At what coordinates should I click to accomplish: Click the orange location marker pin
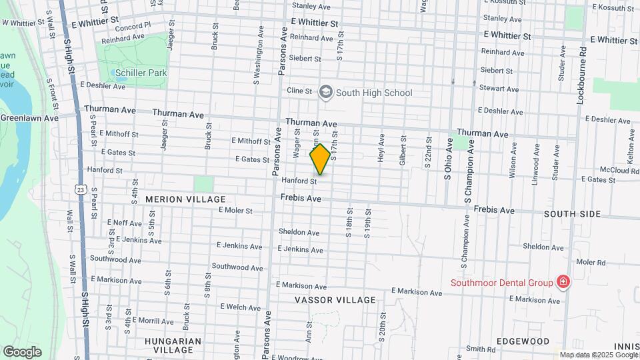click(320, 159)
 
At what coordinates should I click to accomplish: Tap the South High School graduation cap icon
click(326, 92)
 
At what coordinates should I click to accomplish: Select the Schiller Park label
click(141, 73)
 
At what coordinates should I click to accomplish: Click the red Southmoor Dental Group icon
click(563, 282)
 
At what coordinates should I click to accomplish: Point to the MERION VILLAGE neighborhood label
click(176, 199)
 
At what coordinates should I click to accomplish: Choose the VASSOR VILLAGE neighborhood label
click(335, 300)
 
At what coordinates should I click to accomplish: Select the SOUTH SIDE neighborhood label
click(572, 214)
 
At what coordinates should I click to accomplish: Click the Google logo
click(22, 352)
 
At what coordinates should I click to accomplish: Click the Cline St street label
click(299, 90)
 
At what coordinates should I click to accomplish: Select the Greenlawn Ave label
click(29, 118)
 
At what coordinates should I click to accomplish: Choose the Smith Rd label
click(481, 349)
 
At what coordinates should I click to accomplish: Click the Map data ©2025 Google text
click(598, 355)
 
